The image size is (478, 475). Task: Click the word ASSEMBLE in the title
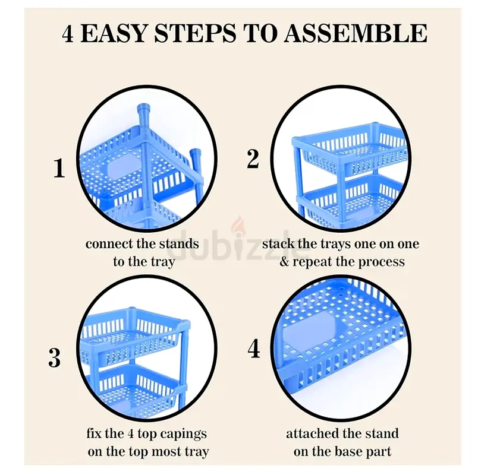pos(356,33)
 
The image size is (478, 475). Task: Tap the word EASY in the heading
pos(114,33)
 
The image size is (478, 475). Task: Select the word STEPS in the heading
pos(195,33)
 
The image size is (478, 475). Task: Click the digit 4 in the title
pos(68,33)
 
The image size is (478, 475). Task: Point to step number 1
pos(59,168)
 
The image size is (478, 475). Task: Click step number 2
pos(253,159)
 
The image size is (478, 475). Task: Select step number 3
pos(55,357)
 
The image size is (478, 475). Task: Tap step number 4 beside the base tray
pos(254,349)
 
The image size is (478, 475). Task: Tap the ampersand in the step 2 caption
pos(284,262)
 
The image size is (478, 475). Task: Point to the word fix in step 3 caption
pos(93,433)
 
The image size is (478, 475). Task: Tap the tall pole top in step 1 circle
pos(144,109)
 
